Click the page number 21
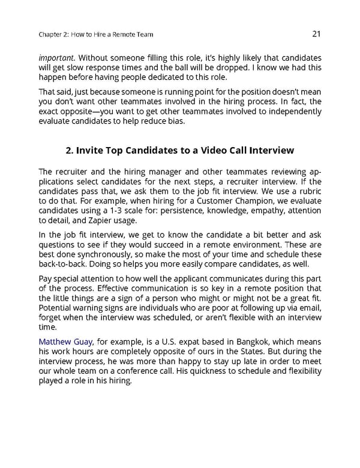tap(316, 34)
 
